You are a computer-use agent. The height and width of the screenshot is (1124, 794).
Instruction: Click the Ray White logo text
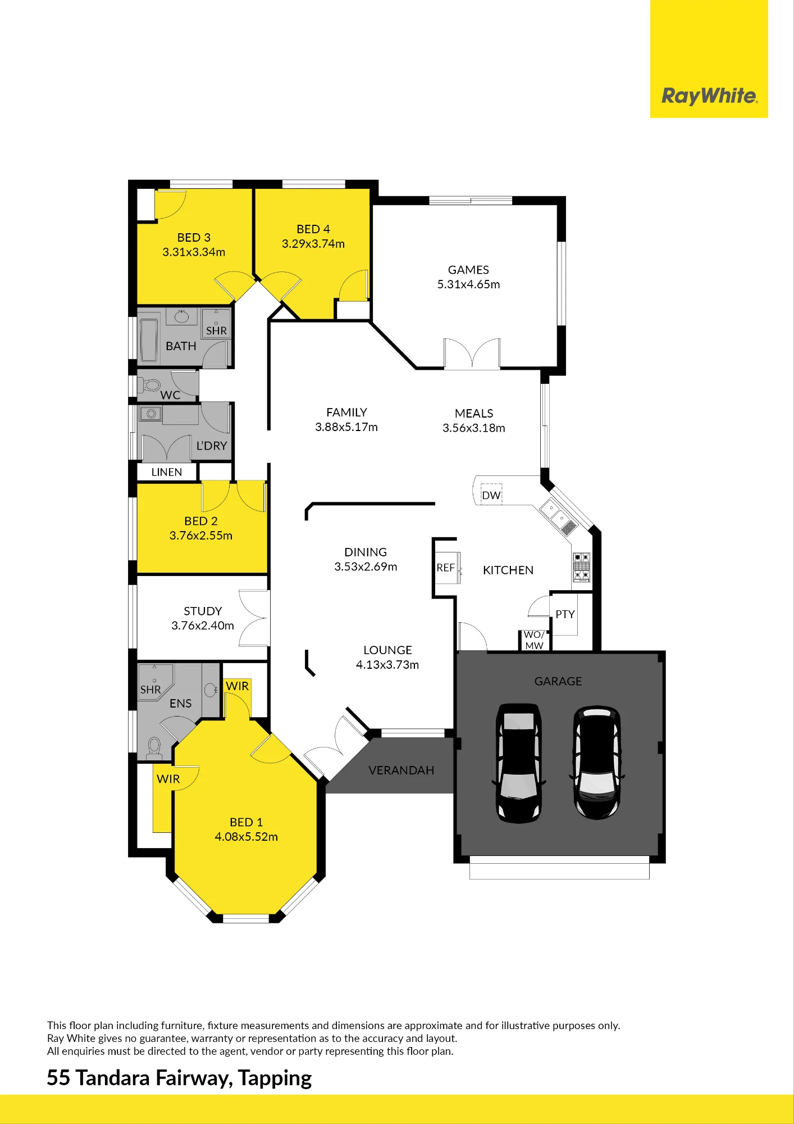(x=710, y=96)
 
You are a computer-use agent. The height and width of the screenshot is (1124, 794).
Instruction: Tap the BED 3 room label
(x=194, y=238)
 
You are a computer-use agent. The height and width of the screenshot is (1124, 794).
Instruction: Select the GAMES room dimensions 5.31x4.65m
(x=468, y=284)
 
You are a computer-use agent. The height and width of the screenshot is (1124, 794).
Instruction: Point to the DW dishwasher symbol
(x=491, y=495)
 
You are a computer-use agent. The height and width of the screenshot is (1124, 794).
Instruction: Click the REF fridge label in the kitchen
(x=446, y=568)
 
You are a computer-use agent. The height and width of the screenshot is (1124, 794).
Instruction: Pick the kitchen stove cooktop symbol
(x=581, y=567)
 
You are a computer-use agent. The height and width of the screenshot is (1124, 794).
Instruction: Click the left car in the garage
(x=519, y=763)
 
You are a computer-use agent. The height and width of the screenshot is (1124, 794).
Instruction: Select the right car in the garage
(x=597, y=762)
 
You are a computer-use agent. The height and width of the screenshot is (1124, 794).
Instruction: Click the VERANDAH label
(x=401, y=771)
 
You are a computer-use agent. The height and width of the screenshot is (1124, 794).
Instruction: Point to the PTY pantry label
(x=565, y=614)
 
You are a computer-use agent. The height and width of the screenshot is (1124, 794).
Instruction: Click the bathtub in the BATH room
(x=149, y=341)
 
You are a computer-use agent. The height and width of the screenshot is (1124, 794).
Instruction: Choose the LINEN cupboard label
(x=167, y=472)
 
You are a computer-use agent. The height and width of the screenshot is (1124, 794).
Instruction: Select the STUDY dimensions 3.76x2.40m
(x=203, y=626)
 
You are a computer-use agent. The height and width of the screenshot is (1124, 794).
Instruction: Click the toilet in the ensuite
(x=154, y=748)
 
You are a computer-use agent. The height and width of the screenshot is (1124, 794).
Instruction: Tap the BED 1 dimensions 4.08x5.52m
(x=246, y=837)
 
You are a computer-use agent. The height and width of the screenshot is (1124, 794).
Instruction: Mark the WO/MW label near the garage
(x=534, y=640)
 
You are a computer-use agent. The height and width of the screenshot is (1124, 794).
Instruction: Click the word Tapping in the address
(x=275, y=1078)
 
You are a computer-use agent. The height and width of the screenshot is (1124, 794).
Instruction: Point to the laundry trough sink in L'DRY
(x=150, y=414)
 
